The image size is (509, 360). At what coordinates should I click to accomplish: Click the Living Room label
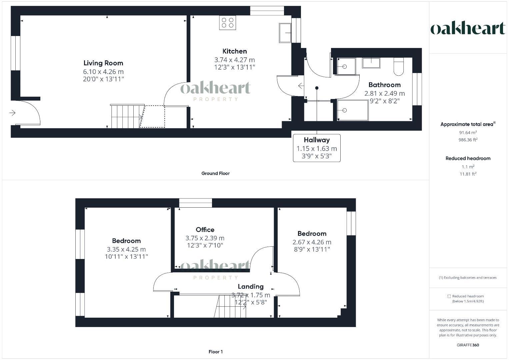pos(103,63)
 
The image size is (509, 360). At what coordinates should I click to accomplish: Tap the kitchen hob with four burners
pos(227,23)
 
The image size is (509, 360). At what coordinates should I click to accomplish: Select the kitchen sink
pos(285,33)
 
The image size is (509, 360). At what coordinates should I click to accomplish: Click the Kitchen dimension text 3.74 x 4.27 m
pos(234,60)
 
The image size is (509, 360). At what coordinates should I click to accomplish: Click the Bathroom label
pos(384,85)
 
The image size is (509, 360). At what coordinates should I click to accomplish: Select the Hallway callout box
pos(317,148)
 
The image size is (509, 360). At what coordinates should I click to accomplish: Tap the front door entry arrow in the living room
pos(12,113)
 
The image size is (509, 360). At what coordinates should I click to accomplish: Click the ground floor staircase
pos(125,116)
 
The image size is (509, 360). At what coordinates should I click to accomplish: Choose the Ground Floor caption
pos(215,173)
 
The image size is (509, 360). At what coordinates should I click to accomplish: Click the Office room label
pos(205,230)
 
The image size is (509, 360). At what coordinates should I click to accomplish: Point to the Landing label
pos(251,286)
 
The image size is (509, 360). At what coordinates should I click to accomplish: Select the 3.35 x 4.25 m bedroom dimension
pos(126,249)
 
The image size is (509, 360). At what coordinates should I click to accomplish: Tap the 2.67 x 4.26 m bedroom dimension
pos(312,242)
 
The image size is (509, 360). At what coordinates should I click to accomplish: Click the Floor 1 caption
pos(215,352)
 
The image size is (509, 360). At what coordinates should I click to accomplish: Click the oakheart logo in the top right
pos(468,28)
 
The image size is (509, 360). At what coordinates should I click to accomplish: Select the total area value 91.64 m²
pos(468,132)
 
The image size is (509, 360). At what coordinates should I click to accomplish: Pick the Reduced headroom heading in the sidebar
pos(468,158)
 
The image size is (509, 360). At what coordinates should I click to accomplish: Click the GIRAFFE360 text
pos(468,345)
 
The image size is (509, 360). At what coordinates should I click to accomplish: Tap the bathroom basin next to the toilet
pos(371,63)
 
